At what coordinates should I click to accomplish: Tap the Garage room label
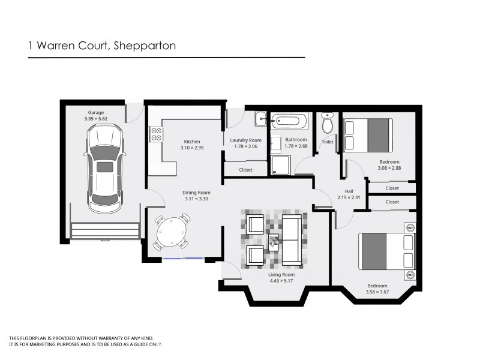pyautogui.click(x=96, y=112)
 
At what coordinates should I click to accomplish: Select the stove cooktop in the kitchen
pyautogui.click(x=156, y=134)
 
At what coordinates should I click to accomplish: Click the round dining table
pyautogui.click(x=172, y=231)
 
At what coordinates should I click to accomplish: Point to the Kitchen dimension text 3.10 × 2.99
pyautogui.click(x=192, y=148)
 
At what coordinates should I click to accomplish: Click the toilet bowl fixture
pyautogui.click(x=328, y=123)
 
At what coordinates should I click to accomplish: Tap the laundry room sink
pyautogui.click(x=260, y=120)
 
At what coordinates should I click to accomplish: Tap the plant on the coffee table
pyautogui.click(x=274, y=241)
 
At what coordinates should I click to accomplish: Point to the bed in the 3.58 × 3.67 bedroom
pyautogui.click(x=386, y=251)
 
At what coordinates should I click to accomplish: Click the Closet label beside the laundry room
pyautogui.click(x=245, y=170)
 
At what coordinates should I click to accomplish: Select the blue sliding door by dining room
pyautogui.click(x=184, y=258)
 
